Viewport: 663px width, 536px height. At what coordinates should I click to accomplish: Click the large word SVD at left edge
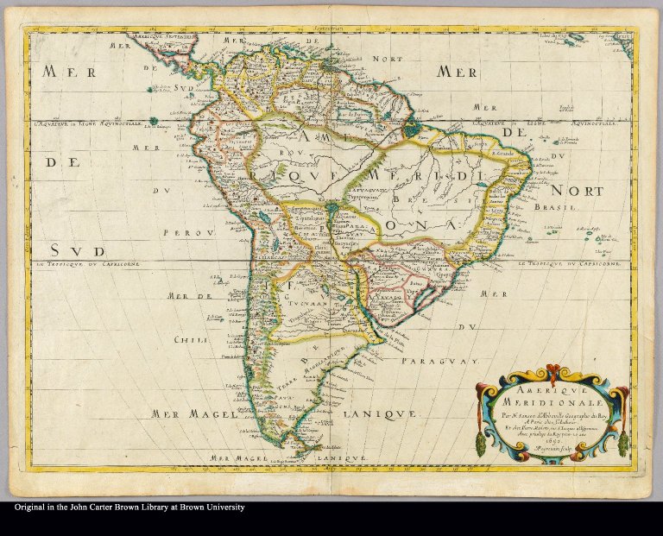[75, 249]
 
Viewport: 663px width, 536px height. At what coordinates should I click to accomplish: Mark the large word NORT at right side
[578, 190]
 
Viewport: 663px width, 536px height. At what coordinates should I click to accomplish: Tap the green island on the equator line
[154, 120]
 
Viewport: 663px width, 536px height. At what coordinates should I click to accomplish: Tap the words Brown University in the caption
[206, 508]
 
